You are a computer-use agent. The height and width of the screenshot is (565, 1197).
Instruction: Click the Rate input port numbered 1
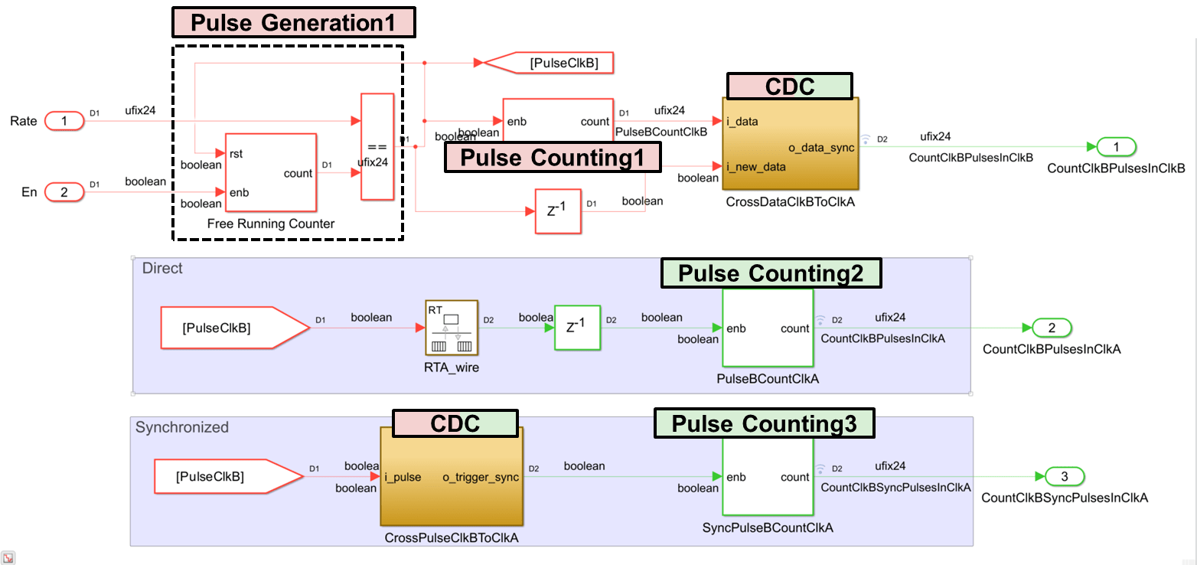click(64, 121)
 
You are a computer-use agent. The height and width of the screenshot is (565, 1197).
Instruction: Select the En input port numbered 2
click(64, 192)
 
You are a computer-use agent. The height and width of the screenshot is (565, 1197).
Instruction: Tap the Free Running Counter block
click(270, 174)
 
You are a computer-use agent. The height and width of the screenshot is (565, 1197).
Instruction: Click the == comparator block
click(377, 146)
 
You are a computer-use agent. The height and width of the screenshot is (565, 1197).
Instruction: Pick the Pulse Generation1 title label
click(293, 23)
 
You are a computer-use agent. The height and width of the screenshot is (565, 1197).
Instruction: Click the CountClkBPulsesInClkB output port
click(1116, 146)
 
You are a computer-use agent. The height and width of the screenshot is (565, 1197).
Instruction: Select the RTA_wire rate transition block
click(452, 328)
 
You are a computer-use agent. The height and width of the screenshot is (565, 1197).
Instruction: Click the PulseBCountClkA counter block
click(768, 328)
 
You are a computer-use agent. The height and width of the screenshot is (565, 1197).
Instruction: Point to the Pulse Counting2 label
click(771, 273)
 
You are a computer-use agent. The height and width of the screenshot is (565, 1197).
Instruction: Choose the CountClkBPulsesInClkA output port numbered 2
click(1052, 328)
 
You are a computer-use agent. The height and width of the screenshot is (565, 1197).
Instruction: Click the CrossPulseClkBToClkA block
click(452, 476)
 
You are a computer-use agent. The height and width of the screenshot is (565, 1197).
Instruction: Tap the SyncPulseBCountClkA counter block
click(768, 476)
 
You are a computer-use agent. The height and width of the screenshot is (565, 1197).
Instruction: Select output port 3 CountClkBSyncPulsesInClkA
click(1065, 477)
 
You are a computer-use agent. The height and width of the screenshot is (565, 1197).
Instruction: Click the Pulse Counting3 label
click(764, 423)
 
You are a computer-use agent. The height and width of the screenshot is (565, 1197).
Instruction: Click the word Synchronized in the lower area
click(182, 427)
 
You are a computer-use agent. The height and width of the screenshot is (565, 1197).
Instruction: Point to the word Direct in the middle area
click(162, 269)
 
